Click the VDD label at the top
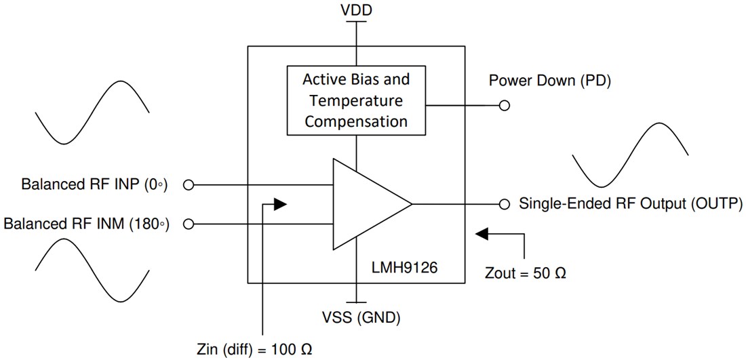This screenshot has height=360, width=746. click(x=355, y=10)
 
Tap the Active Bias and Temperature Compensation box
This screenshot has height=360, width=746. click(x=356, y=100)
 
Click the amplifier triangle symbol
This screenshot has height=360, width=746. click(x=366, y=203)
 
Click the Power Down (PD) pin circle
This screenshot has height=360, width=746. click(x=504, y=106)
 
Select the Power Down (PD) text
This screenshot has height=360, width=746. click(x=550, y=81)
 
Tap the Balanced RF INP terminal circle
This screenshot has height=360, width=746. click(x=189, y=184)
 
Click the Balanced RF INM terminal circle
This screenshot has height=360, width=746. click(x=189, y=223)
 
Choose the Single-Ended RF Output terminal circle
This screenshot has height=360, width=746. click(x=504, y=203)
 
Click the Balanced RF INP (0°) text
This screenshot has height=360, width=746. click(x=94, y=184)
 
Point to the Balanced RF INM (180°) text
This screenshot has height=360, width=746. click(x=85, y=223)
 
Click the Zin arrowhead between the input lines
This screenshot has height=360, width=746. click(x=279, y=203)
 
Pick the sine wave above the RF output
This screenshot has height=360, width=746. click(x=631, y=155)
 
